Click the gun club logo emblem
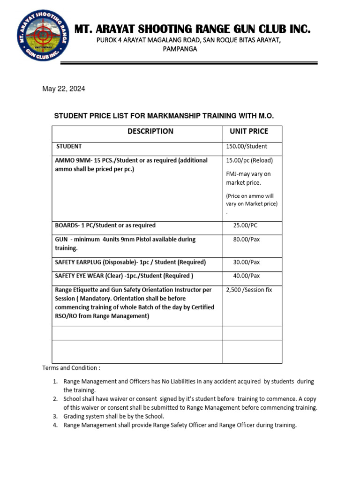[43, 38]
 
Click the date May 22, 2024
[64, 89]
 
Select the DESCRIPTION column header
[150, 131]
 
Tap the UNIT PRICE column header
[249, 131]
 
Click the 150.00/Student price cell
[247, 146]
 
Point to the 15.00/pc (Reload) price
[249, 160]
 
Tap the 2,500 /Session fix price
[249, 290]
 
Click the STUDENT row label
[69, 146]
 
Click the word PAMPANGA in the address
[180, 49]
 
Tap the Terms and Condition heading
[71, 368]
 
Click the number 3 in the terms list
[55, 416]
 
